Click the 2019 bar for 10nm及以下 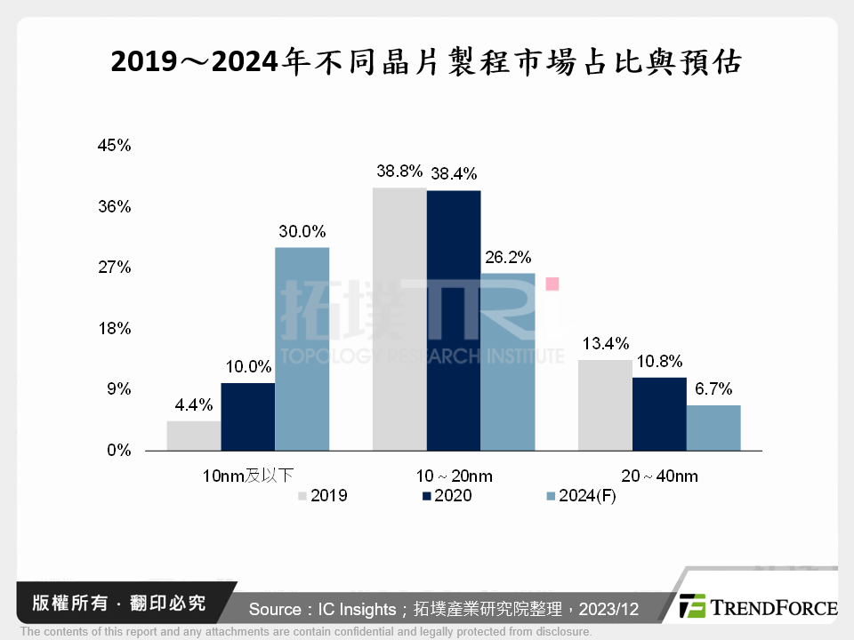(194, 436)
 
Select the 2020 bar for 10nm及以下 (247, 417)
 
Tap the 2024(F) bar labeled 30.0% (302, 349)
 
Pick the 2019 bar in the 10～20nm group (399, 319)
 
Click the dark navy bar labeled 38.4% (454, 321)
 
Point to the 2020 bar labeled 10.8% (659, 414)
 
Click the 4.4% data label (194, 404)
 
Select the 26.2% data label (508, 258)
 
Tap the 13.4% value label (605, 343)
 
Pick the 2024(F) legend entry (577, 496)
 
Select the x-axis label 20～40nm (659, 476)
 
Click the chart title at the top (426, 62)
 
